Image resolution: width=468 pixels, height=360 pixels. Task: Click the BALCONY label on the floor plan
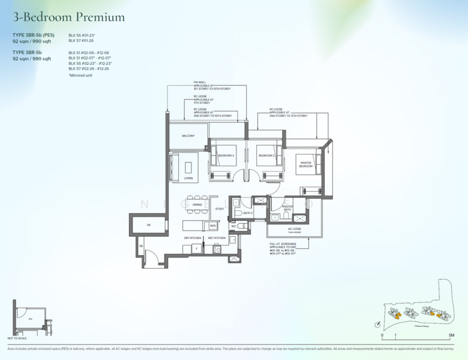(x=188, y=136)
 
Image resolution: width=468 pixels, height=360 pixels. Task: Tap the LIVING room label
(x=188, y=178)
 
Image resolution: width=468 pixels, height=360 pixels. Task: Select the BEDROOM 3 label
(x=226, y=156)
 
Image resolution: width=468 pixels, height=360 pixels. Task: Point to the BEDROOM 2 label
(x=266, y=156)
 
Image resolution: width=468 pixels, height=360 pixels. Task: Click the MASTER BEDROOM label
(x=306, y=164)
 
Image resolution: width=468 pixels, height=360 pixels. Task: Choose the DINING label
(x=197, y=205)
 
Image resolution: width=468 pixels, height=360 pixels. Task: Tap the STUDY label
(x=220, y=209)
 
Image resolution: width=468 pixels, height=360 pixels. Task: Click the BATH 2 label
(x=248, y=213)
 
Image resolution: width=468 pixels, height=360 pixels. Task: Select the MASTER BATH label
(x=287, y=208)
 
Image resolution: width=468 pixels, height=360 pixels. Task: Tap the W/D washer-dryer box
(x=212, y=226)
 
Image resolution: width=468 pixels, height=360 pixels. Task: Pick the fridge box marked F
(x=196, y=248)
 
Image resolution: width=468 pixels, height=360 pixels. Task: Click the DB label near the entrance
(x=142, y=246)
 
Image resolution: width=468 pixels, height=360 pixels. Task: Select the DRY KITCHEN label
(x=193, y=238)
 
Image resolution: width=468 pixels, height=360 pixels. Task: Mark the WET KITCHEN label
(x=217, y=238)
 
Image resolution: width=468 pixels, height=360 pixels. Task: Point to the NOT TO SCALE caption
(x=17, y=338)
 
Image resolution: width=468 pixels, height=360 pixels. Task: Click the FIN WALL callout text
(x=200, y=82)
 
